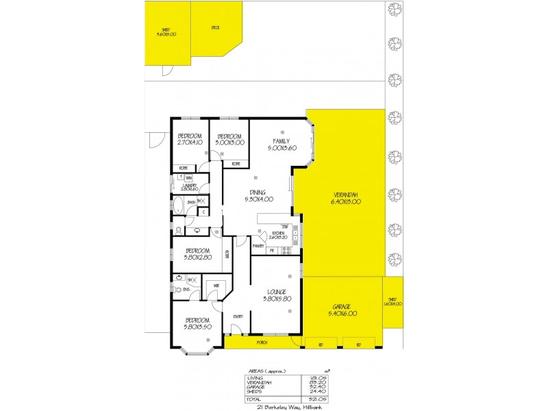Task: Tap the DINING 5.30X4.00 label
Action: coord(258,196)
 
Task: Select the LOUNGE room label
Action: coord(277,295)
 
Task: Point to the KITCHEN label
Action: coord(278,235)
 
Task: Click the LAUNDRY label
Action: coord(190,186)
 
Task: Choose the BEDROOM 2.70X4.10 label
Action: coord(189,139)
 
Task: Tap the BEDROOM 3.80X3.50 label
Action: coord(197,323)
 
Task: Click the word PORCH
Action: coord(262,342)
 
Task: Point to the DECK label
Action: coord(215,28)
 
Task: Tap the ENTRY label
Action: coord(238,316)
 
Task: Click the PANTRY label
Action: coord(259,245)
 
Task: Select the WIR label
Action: coord(216,286)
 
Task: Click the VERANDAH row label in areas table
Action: coord(259,382)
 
